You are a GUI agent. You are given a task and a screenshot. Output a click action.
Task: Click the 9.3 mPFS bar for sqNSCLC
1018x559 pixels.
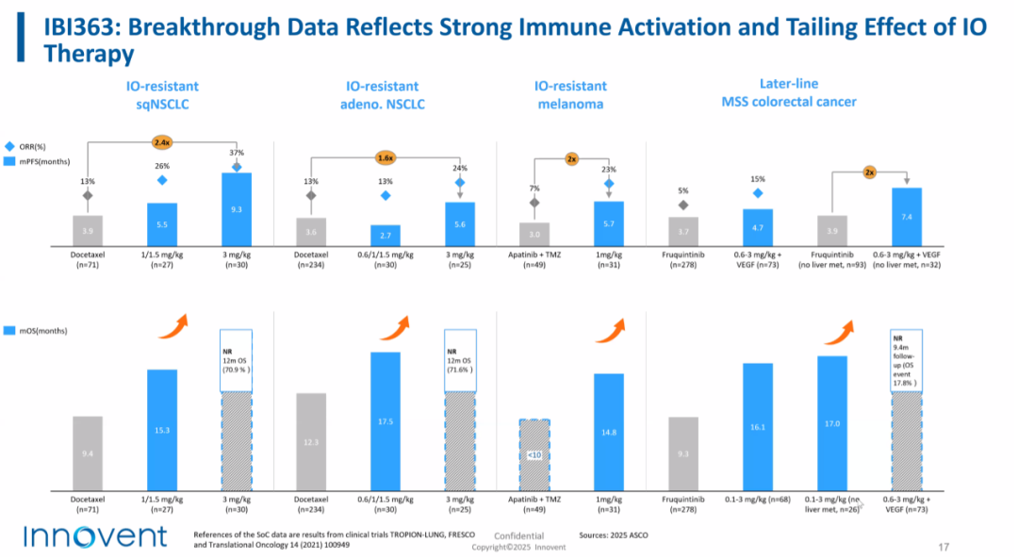[237, 208]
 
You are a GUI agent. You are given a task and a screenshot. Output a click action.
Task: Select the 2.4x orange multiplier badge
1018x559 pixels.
[162, 142]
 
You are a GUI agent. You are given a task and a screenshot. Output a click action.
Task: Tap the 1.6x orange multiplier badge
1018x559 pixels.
[385, 157]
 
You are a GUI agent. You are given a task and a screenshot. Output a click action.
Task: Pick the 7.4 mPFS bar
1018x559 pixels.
[906, 216]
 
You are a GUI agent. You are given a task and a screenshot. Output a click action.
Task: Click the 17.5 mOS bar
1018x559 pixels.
[385, 420]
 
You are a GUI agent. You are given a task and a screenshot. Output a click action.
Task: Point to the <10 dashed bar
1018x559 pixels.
[534, 454]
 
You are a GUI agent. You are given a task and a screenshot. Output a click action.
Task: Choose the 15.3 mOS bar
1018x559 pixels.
[162, 430]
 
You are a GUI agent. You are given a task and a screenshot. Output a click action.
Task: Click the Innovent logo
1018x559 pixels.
[94, 536]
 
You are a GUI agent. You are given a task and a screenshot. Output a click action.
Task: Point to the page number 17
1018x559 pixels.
[944, 547]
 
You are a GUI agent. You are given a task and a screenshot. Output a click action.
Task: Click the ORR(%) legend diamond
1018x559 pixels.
[11, 146]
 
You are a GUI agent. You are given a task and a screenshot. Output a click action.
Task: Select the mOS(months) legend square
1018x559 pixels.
[11, 331]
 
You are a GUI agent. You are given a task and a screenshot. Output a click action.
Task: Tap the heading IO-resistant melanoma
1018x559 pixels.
[570, 95]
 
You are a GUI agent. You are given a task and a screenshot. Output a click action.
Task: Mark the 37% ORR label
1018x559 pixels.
[237, 153]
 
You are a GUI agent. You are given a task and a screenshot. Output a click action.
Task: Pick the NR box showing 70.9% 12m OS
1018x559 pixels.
[237, 360]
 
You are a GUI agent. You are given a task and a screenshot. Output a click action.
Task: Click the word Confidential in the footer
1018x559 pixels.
[519, 535]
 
